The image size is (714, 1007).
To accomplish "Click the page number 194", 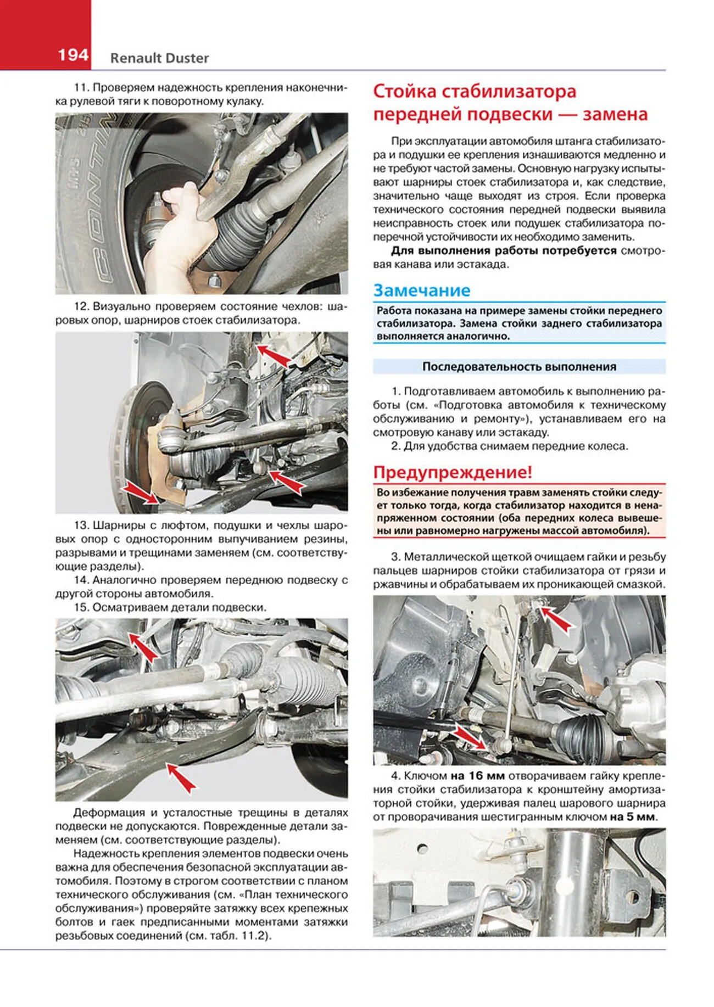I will (x=72, y=55).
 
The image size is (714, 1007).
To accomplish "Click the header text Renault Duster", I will (x=159, y=58).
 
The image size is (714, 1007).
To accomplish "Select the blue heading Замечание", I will (x=421, y=290).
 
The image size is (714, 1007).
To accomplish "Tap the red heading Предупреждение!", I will (x=453, y=472).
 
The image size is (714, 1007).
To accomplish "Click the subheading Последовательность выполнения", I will (x=519, y=367).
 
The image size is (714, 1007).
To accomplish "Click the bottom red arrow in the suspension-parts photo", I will (x=182, y=778).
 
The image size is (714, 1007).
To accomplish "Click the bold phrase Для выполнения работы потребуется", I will (x=503, y=251).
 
